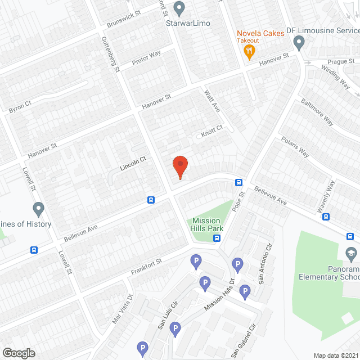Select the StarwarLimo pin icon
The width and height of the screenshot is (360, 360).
click(x=179, y=8)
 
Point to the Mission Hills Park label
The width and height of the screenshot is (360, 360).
click(x=208, y=224)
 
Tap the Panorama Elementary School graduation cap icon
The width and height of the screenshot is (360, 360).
click(x=351, y=253)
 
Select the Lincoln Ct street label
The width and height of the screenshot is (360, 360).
click(x=133, y=164)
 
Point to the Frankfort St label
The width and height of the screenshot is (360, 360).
click(x=146, y=264)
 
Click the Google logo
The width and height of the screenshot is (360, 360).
click(x=19, y=353)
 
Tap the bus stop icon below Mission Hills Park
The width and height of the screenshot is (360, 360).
click(x=217, y=238)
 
